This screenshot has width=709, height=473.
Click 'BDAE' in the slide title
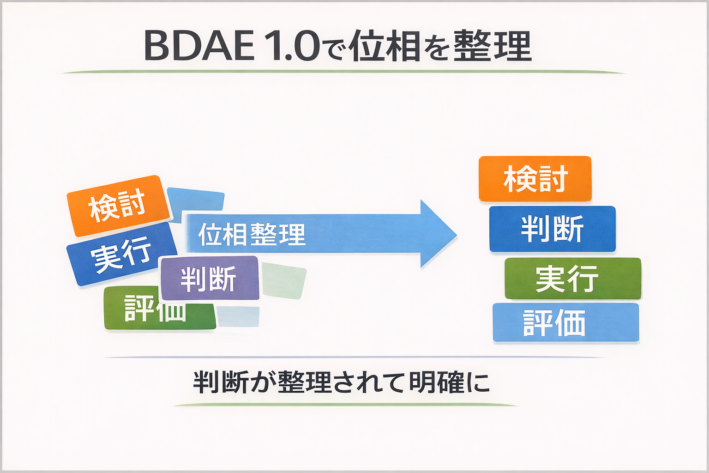click(x=198, y=46)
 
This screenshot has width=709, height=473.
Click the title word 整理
click(x=492, y=46)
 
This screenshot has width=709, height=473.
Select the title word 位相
click(x=384, y=46)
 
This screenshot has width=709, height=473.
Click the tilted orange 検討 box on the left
click(x=118, y=206)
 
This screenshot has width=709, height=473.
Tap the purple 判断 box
click(x=209, y=278)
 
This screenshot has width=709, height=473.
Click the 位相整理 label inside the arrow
click(x=252, y=234)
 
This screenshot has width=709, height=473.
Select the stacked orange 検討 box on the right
click(x=535, y=179)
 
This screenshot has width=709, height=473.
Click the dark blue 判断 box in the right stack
click(x=552, y=229)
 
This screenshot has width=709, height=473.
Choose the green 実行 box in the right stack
click(x=572, y=279)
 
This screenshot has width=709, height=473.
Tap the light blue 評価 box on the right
click(x=565, y=322)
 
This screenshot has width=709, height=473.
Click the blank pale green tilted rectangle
click(x=284, y=280)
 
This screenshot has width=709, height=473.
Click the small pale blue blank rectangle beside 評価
click(x=238, y=316)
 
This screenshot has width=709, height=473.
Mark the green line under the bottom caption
click(x=345, y=405)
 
